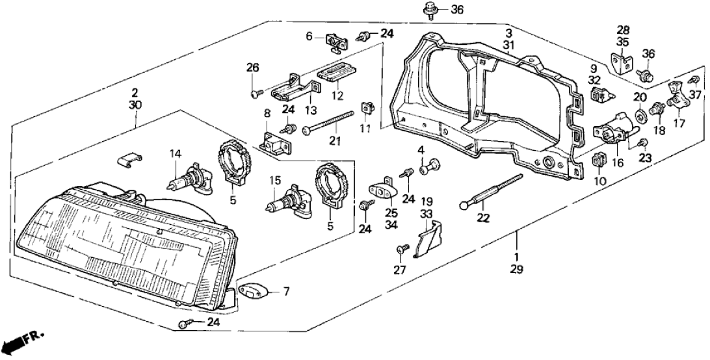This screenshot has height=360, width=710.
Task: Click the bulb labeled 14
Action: point(183,175)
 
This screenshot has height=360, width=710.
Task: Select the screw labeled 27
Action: point(401,248)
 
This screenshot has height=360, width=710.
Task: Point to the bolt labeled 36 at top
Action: point(430,10)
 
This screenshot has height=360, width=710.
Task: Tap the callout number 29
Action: point(518,268)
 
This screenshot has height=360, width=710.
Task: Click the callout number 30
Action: point(135,104)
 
